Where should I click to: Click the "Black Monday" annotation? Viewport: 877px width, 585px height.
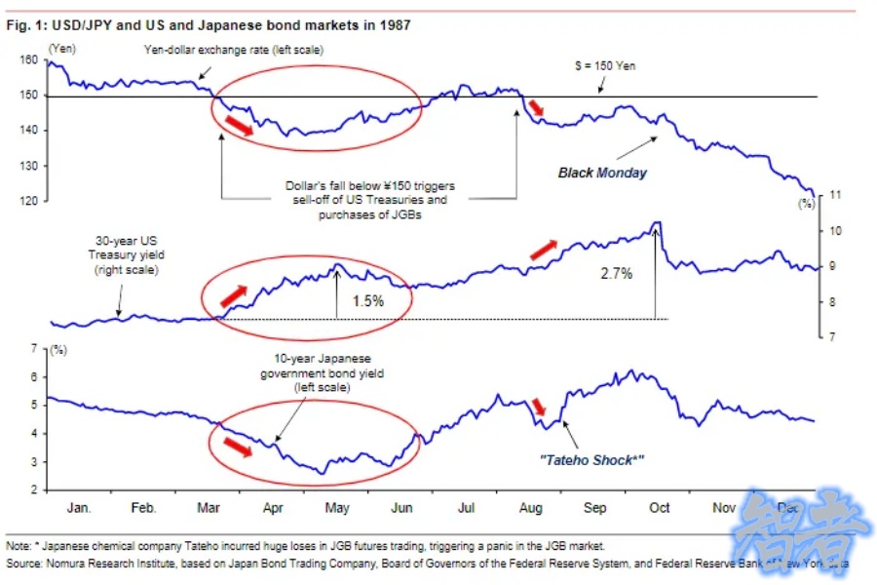click(602, 173)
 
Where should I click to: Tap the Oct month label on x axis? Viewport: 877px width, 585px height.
click(660, 509)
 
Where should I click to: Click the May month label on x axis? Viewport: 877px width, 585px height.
click(336, 509)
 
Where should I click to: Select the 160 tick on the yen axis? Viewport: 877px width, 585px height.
click(29, 59)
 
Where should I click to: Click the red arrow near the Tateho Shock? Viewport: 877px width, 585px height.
click(539, 406)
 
